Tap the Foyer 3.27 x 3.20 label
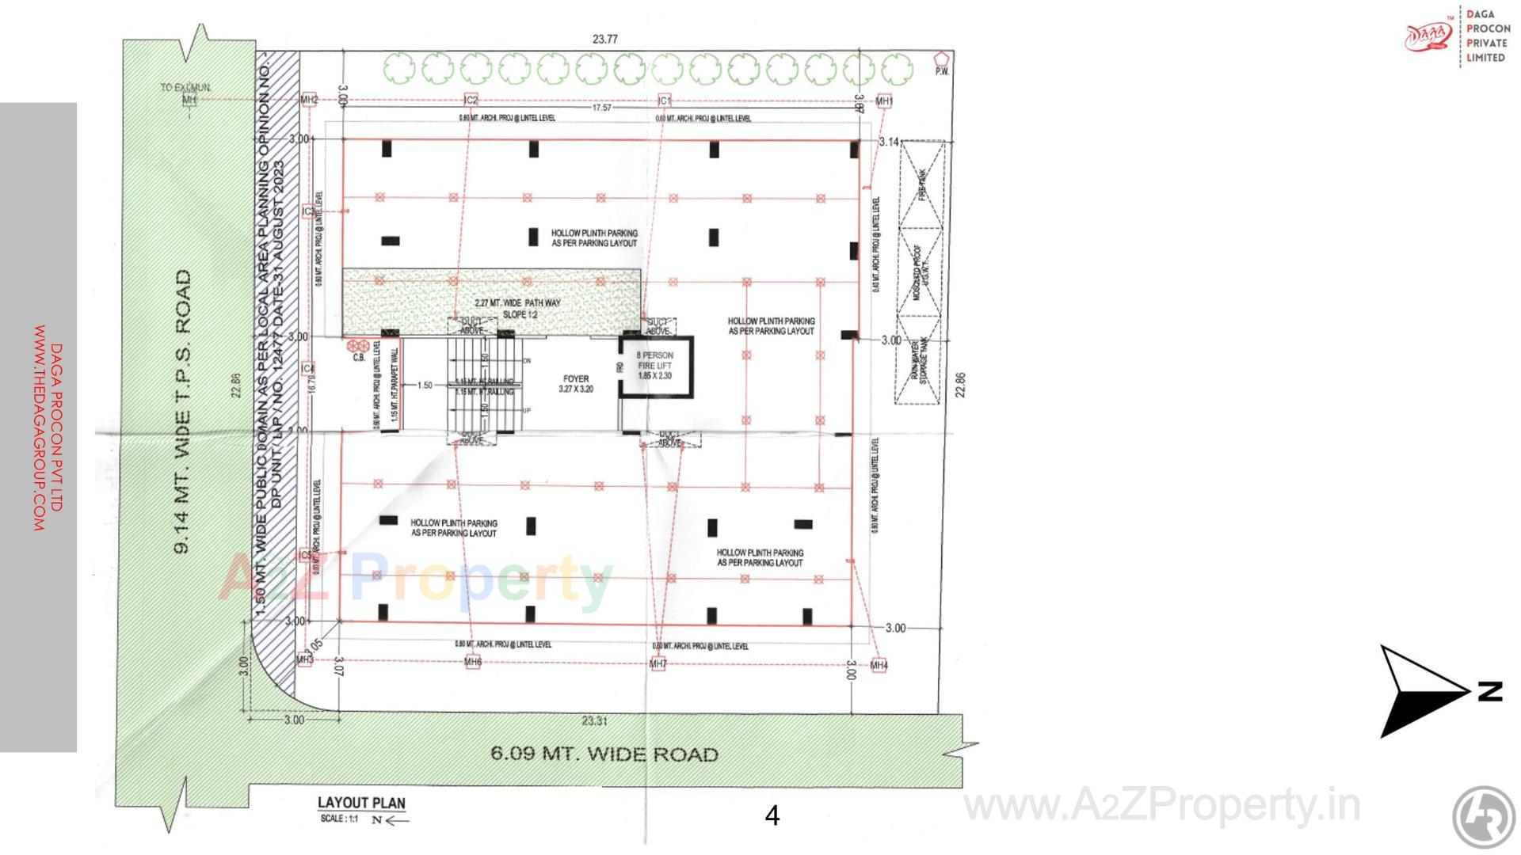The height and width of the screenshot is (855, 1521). coord(576,384)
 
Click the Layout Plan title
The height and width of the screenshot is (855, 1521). coord(361,803)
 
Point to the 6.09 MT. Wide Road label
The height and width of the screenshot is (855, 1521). coord(604,754)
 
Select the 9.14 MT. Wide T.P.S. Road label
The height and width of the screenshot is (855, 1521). coord(183,412)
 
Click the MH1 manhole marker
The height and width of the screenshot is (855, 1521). coord(884,101)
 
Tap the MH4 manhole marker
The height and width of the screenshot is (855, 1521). coord(879,666)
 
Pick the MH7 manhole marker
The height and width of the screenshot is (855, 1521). coord(658,664)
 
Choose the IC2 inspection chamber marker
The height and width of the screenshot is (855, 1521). coord(471,101)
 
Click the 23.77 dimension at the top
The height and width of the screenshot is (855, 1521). coord(604,39)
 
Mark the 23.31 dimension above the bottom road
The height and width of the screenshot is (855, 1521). coord(594,720)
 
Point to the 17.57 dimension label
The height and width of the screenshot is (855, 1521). coord(602,108)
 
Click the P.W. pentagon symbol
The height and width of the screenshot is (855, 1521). coord(941,59)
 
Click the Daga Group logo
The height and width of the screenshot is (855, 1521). coord(1428,36)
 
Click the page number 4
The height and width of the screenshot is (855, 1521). coord(772,815)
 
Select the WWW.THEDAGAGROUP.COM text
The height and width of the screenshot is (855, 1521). coord(39,427)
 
